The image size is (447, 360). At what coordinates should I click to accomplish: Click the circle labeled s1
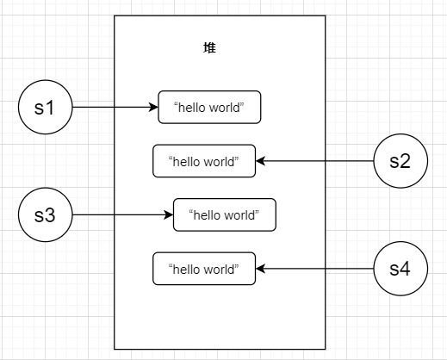46,107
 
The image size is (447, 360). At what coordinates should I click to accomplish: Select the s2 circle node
400,161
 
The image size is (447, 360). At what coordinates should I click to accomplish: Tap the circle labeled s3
46,214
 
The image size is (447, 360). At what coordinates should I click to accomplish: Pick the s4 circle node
400,269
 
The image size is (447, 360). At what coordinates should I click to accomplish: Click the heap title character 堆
209,47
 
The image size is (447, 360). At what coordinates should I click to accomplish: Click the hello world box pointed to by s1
209,107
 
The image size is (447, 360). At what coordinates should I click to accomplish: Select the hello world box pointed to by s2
204,161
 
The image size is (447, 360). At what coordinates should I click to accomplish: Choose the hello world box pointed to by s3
225,214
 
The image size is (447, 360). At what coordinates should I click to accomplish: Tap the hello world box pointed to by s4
204,269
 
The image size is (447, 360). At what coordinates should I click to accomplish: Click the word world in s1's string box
225,108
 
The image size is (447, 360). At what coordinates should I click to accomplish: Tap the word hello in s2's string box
187,162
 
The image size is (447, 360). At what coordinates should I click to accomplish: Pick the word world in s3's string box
239,215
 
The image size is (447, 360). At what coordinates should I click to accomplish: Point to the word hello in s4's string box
187,270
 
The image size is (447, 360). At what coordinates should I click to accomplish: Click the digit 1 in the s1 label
50,108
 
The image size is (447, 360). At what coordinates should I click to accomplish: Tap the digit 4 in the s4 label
406,269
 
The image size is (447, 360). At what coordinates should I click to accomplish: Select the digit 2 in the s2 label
406,161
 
